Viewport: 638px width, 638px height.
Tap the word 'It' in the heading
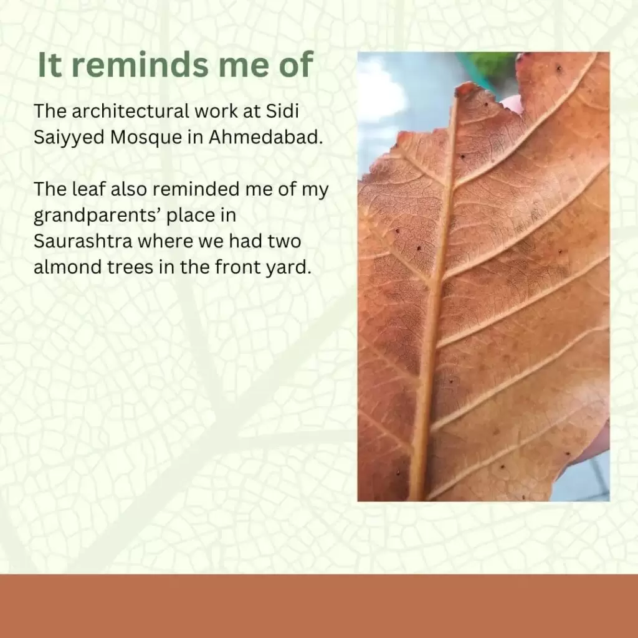point(50,65)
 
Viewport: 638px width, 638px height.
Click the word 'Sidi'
point(282,111)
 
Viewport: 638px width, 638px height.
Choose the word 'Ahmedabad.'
point(265,137)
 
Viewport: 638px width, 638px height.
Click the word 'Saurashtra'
point(83,241)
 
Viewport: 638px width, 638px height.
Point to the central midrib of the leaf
point(434,293)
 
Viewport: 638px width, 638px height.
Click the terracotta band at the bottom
point(319,606)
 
